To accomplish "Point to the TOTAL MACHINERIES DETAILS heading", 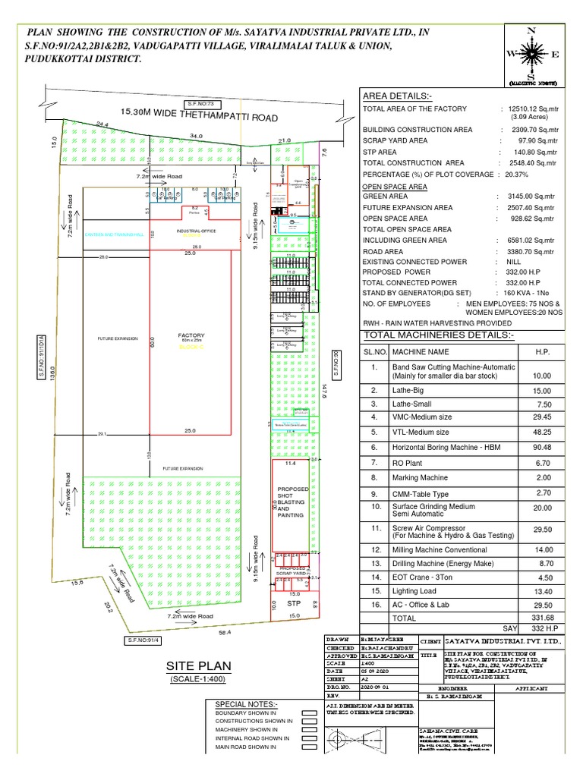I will tap(438, 335).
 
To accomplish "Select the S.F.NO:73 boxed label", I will tap(199, 102).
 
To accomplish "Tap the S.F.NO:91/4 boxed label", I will tap(137, 641).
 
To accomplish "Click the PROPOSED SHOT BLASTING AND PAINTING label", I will tap(292, 502).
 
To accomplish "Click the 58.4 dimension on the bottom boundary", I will tap(223, 631).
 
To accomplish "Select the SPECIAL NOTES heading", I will tap(244, 705).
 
